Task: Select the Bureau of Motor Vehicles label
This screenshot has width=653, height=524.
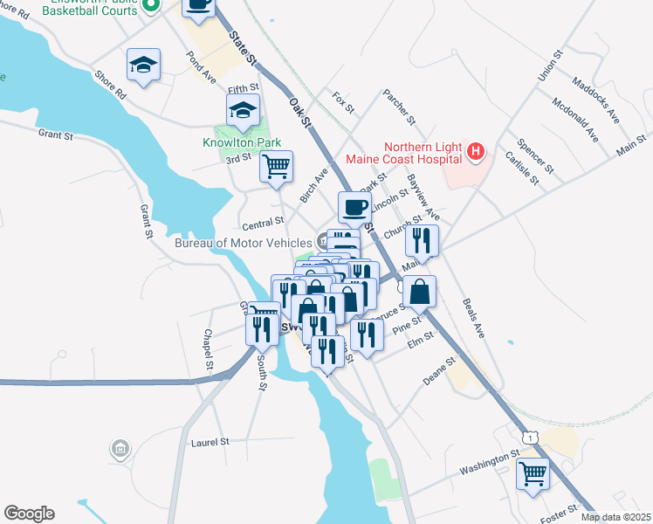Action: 243,242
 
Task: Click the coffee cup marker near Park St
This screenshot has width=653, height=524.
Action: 354,208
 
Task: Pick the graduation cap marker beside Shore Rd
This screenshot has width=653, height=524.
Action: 143,65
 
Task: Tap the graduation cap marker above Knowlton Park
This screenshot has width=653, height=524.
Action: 243,111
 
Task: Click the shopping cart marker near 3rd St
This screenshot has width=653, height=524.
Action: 276,165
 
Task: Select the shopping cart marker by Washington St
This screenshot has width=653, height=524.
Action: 533,473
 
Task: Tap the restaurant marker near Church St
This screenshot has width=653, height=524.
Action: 423,240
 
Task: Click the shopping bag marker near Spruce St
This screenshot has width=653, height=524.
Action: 420,292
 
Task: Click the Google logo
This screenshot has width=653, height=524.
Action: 29,514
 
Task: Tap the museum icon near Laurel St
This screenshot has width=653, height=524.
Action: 120,450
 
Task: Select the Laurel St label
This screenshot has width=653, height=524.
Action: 210,443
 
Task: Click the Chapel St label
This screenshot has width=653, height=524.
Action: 208,349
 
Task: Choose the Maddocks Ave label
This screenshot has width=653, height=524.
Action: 595,100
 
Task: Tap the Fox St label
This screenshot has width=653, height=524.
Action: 344,104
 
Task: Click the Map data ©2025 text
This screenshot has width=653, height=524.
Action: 615,517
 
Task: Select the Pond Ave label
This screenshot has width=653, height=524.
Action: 201,66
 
